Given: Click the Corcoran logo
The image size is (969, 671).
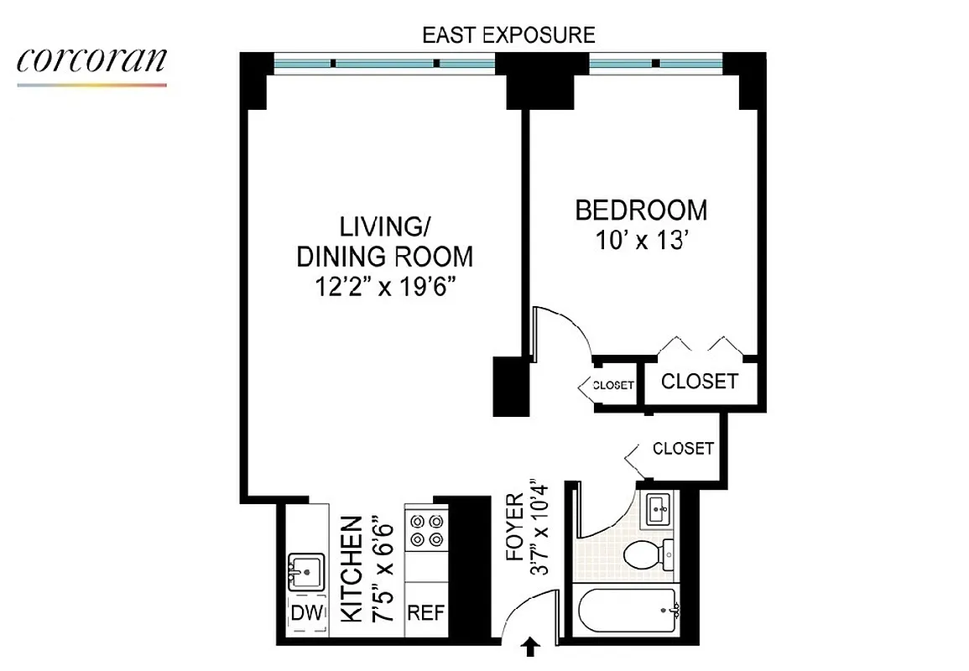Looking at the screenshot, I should pos(91,63).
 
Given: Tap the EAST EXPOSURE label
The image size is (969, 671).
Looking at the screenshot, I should pos(508,35).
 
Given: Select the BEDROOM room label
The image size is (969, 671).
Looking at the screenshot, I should pos(641,210).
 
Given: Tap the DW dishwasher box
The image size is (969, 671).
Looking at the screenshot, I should pos(306,614).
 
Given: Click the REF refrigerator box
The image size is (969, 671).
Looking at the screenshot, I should pos(426,612).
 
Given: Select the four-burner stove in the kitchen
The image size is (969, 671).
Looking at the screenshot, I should pos(426,530).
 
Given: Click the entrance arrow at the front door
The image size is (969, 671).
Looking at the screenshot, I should pos(531,648).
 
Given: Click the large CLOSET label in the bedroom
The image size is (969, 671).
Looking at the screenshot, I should pos(700,382).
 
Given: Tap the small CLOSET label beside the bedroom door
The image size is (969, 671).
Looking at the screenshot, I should pos(612,386).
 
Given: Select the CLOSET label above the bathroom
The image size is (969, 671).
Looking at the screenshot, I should pos(683,448).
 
